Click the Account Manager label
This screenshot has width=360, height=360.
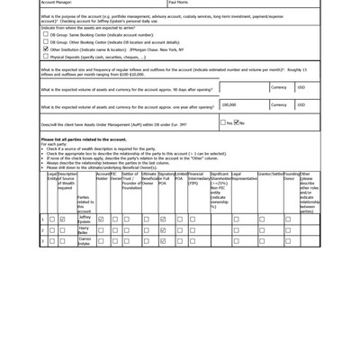(x=58, y=3)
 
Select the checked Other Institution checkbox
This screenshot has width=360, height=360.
(x=46, y=49)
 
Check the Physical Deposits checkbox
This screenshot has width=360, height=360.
(x=46, y=56)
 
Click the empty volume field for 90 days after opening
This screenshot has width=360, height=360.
(x=243, y=88)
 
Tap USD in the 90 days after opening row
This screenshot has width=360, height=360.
(x=301, y=88)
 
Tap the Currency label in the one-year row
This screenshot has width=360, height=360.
(x=279, y=104)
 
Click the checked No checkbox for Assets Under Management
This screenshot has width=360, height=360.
(x=236, y=122)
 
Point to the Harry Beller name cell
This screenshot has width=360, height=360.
(x=84, y=230)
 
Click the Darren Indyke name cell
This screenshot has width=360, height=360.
(x=84, y=241)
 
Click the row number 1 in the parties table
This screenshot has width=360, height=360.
(x=42, y=219)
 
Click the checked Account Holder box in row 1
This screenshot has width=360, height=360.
(x=101, y=219)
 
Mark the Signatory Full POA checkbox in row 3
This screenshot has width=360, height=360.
(x=163, y=241)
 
